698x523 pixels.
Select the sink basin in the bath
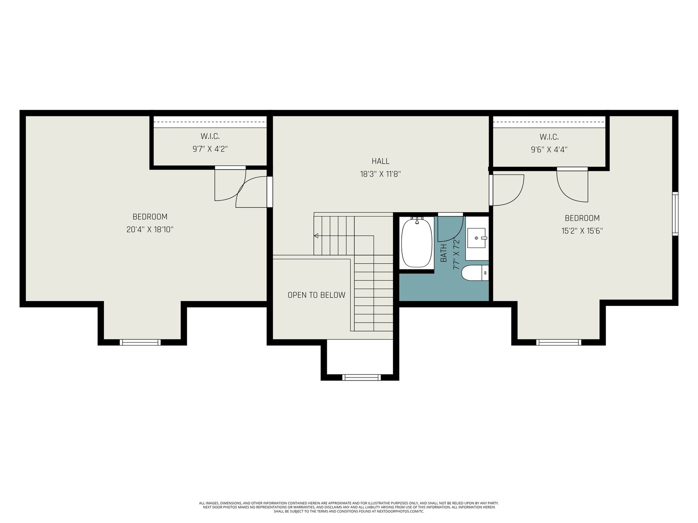click(476, 238)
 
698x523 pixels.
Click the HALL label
click(380, 161)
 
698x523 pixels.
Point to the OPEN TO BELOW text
click(316, 295)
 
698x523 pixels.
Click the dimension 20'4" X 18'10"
click(150, 230)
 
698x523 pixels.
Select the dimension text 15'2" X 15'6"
click(582, 231)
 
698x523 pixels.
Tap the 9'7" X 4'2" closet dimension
click(210, 149)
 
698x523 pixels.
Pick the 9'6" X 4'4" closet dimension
click(549, 149)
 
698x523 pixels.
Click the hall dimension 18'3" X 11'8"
click(380, 174)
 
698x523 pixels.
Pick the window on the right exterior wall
click(675, 214)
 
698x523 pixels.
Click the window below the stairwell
click(361, 377)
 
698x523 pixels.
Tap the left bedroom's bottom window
click(140, 342)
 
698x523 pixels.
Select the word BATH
click(443, 253)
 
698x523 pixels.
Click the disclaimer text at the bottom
click(349, 507)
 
